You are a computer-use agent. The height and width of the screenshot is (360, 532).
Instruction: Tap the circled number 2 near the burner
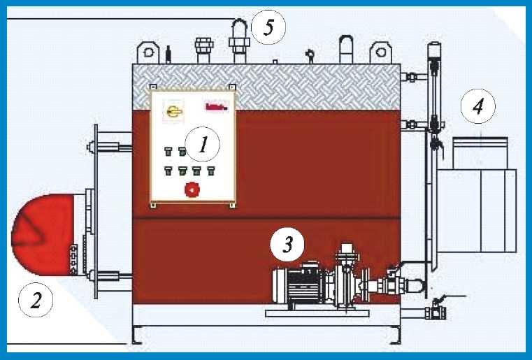point(35,301)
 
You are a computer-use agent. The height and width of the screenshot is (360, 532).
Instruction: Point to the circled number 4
point(477,107)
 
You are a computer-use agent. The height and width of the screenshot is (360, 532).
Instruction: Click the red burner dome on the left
point(42,233)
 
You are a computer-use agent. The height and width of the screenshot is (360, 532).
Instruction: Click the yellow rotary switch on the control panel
point(171,110)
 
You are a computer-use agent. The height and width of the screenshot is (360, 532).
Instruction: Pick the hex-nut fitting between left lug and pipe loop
point(204,48)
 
